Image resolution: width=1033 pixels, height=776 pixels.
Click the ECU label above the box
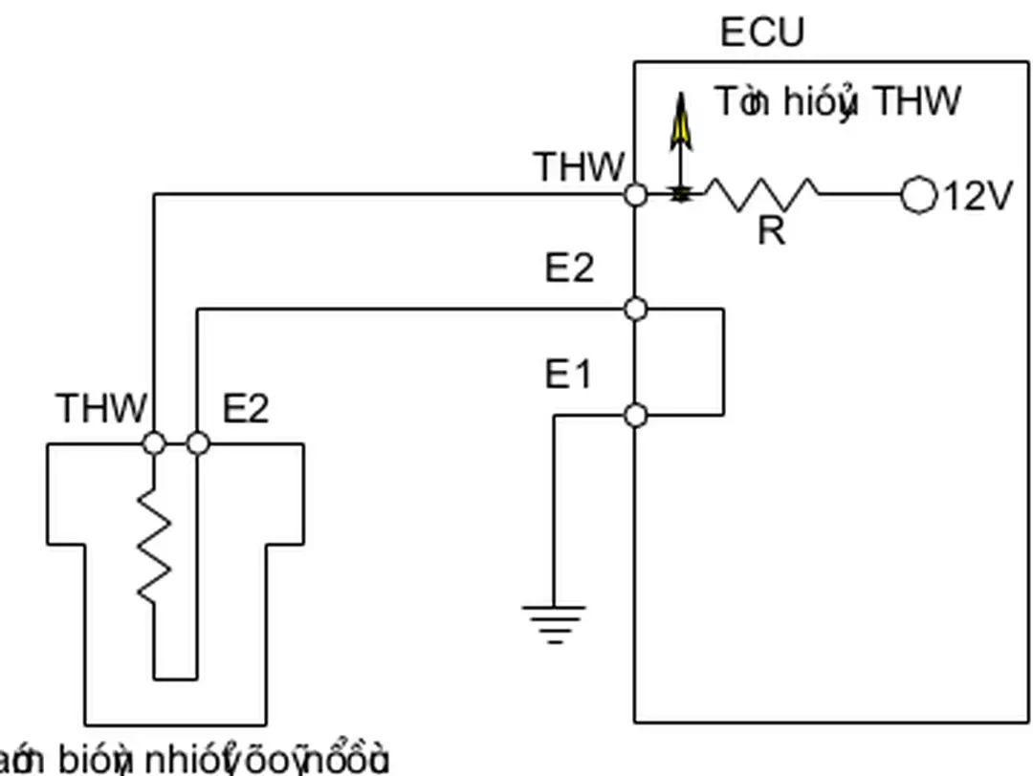[x=762, y=32]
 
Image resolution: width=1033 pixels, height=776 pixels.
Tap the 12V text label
[x=978, y=196]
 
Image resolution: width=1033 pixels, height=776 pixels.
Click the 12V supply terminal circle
[x=918, y=195]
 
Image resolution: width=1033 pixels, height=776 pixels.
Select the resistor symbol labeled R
[x=761, y=194]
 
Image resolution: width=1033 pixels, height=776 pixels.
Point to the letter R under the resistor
[x=771, y=231]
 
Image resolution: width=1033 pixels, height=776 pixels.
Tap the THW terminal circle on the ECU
[x=635, y=195]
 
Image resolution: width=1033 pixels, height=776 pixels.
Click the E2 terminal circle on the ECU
[x=635, y=309]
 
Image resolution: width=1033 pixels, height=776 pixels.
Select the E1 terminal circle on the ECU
[x=635, y=415]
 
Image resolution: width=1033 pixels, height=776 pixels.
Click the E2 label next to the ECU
[x=569, y=269]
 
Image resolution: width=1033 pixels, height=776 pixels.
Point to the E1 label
[x=568, y=375]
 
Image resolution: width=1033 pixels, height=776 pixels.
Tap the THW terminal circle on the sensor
[x=153, y=443]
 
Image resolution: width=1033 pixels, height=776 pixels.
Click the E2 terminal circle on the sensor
[x=197, y=443]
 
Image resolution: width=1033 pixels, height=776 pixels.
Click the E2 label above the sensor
[x=246, y=408]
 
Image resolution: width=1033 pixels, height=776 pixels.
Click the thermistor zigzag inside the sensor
[x=154, y=545]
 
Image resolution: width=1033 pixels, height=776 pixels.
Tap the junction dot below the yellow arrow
[x=680, y=195]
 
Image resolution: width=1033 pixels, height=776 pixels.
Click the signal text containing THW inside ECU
[x=838, y=101]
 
